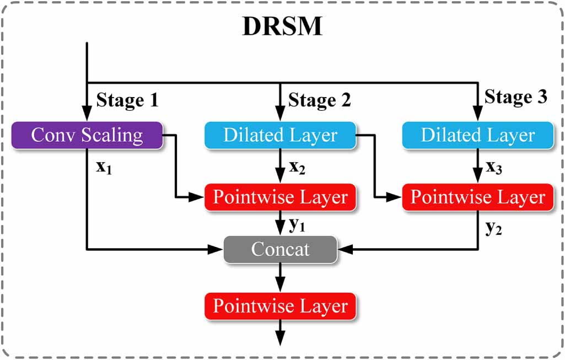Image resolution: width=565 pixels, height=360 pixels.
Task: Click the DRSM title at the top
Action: point(282,26)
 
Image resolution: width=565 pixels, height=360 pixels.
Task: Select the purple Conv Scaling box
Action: point(87,136)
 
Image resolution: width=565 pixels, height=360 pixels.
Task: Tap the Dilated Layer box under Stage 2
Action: point(280,136)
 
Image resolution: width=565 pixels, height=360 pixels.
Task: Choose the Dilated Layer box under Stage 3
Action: point(478,136)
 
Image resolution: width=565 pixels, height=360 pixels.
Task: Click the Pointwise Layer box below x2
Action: point(280,197)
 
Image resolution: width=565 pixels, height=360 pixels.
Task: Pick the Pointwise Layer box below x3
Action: point(478,197)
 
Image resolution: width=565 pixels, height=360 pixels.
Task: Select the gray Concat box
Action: point(280,250)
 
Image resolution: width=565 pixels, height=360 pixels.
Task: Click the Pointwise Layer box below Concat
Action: point(280,307)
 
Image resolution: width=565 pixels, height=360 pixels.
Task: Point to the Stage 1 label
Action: point(127,100)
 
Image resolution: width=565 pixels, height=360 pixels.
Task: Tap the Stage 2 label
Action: point(320,100)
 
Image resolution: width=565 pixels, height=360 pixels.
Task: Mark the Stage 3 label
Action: point(516,97)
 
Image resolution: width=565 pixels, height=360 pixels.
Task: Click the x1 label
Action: point(104,167)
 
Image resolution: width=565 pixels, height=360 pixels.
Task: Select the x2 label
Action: point(297,167)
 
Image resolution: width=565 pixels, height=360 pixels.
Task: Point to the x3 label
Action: point(494,167)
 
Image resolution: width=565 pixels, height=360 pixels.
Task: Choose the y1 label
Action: point(297,225)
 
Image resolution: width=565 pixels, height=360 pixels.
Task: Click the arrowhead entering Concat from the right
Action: point(345,250)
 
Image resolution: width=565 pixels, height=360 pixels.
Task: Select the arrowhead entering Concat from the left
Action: point(216,250)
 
